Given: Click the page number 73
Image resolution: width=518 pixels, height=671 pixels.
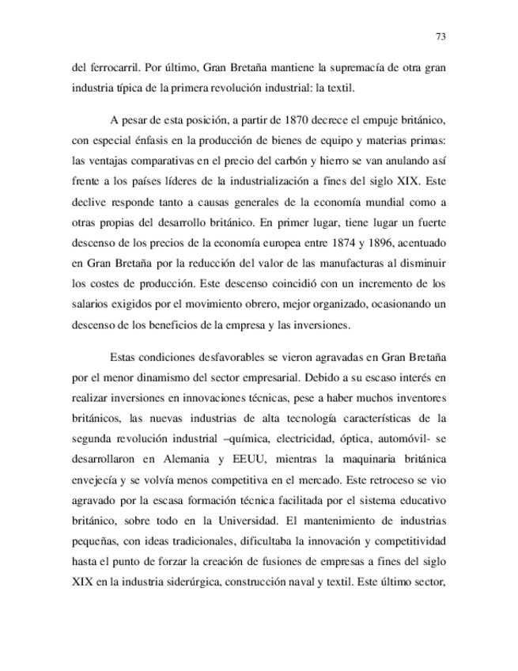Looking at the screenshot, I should point(441,36).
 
